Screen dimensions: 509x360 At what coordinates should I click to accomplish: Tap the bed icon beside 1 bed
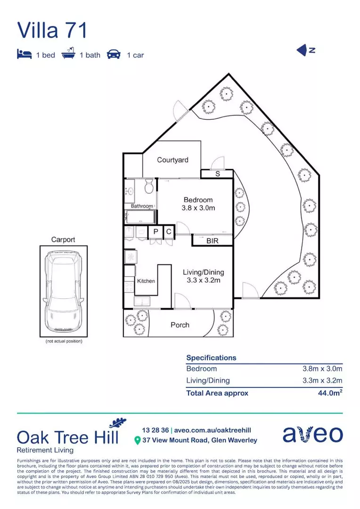(24, 55)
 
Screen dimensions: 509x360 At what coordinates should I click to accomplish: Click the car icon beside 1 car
(114, 55)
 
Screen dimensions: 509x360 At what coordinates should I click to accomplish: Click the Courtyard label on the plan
(172, 160)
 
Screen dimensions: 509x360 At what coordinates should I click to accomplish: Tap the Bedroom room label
(198, 200)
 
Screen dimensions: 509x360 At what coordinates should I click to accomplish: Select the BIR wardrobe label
(213, 241)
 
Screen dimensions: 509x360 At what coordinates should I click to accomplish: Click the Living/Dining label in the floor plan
(203, 272)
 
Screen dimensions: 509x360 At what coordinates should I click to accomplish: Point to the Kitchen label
(146, 281)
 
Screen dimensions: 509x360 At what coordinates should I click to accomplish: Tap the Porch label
(180, 325)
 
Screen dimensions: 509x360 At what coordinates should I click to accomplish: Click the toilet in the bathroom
(148, 187)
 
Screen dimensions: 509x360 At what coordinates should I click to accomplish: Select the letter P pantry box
(155, 231)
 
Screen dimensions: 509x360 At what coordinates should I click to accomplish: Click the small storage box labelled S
(217, 174)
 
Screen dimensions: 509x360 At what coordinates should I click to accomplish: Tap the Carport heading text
(63, 239)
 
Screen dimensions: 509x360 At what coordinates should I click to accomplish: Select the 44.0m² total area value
(330, 393)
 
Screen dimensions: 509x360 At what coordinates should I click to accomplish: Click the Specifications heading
(211, 358)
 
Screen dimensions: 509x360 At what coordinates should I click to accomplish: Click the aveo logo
(312, 434)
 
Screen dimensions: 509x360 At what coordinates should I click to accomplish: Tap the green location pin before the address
(138, 440)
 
